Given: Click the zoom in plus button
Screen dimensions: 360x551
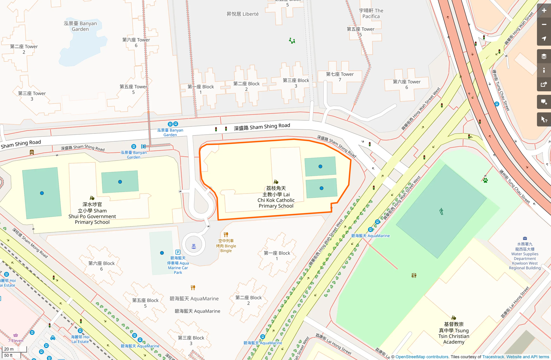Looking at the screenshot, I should pos(544,11).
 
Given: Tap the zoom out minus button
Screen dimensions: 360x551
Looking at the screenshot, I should pos(544,25).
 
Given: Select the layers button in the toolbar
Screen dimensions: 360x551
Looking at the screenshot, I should pos(544,56).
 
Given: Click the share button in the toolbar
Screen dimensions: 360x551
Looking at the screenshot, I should pos(544,85).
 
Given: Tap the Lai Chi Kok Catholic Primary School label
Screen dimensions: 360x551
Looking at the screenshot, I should pos(276,197).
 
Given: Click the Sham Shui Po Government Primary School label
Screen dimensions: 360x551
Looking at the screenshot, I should pos(92,213).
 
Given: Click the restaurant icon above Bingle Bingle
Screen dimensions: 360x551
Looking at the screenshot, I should pos(226,234).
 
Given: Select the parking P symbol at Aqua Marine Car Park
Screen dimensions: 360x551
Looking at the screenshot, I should pos(178,252).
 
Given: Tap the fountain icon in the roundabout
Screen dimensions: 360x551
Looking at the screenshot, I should pos(194,246).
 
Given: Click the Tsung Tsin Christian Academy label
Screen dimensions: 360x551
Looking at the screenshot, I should pos(454,333).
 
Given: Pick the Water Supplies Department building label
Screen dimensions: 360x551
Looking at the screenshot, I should pos(525,256).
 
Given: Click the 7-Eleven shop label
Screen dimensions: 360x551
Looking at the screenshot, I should pos(16,340).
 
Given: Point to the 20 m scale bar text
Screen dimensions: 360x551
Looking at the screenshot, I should pos(9,349).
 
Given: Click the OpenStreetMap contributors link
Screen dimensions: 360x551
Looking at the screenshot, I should pos(422,357).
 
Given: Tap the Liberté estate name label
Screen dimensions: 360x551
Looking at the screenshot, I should pos(242,14).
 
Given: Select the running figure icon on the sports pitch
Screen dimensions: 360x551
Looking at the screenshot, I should pos(441,211).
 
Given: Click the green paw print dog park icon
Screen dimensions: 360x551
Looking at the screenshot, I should pos(485,180).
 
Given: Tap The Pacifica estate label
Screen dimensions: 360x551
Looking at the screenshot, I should pos(371,13).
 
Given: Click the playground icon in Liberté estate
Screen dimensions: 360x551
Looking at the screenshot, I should pos(292,41).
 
